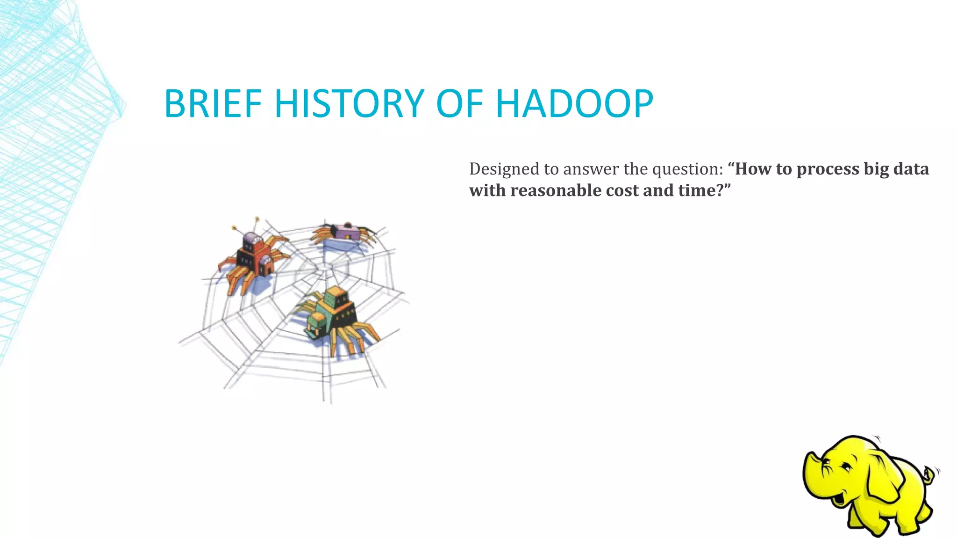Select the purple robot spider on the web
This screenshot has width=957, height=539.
tap(346, 232)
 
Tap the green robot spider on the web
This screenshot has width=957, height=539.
tap(335, 313)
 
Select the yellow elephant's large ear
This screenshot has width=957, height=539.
tap(881, 477)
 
